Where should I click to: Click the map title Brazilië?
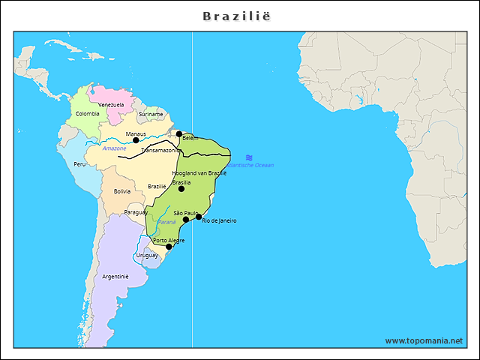pos(240,15)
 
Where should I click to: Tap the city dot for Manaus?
pos(136,140)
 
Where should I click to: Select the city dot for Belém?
pos(179,134)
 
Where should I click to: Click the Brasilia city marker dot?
pos(181,189)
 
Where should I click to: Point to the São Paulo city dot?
pos(186,220)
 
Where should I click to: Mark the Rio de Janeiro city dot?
pos(199,217)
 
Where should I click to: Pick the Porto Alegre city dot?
pos(169,247)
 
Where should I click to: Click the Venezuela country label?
pos(111,104)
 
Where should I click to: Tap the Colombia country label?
pos(87,114)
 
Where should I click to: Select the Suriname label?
pos(151,114)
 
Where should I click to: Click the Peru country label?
pos(79,163)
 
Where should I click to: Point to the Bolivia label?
pos(122,191)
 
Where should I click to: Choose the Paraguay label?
pos(136,212)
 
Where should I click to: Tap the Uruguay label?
pos(147,255)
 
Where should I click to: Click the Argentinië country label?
pos(115,276)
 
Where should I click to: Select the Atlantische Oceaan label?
pos(251,165)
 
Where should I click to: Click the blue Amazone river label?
pos(114,148)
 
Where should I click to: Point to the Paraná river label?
pos(166,222)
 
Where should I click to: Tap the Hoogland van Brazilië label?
pos(199,173)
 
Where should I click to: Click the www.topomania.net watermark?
pos(424,340)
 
